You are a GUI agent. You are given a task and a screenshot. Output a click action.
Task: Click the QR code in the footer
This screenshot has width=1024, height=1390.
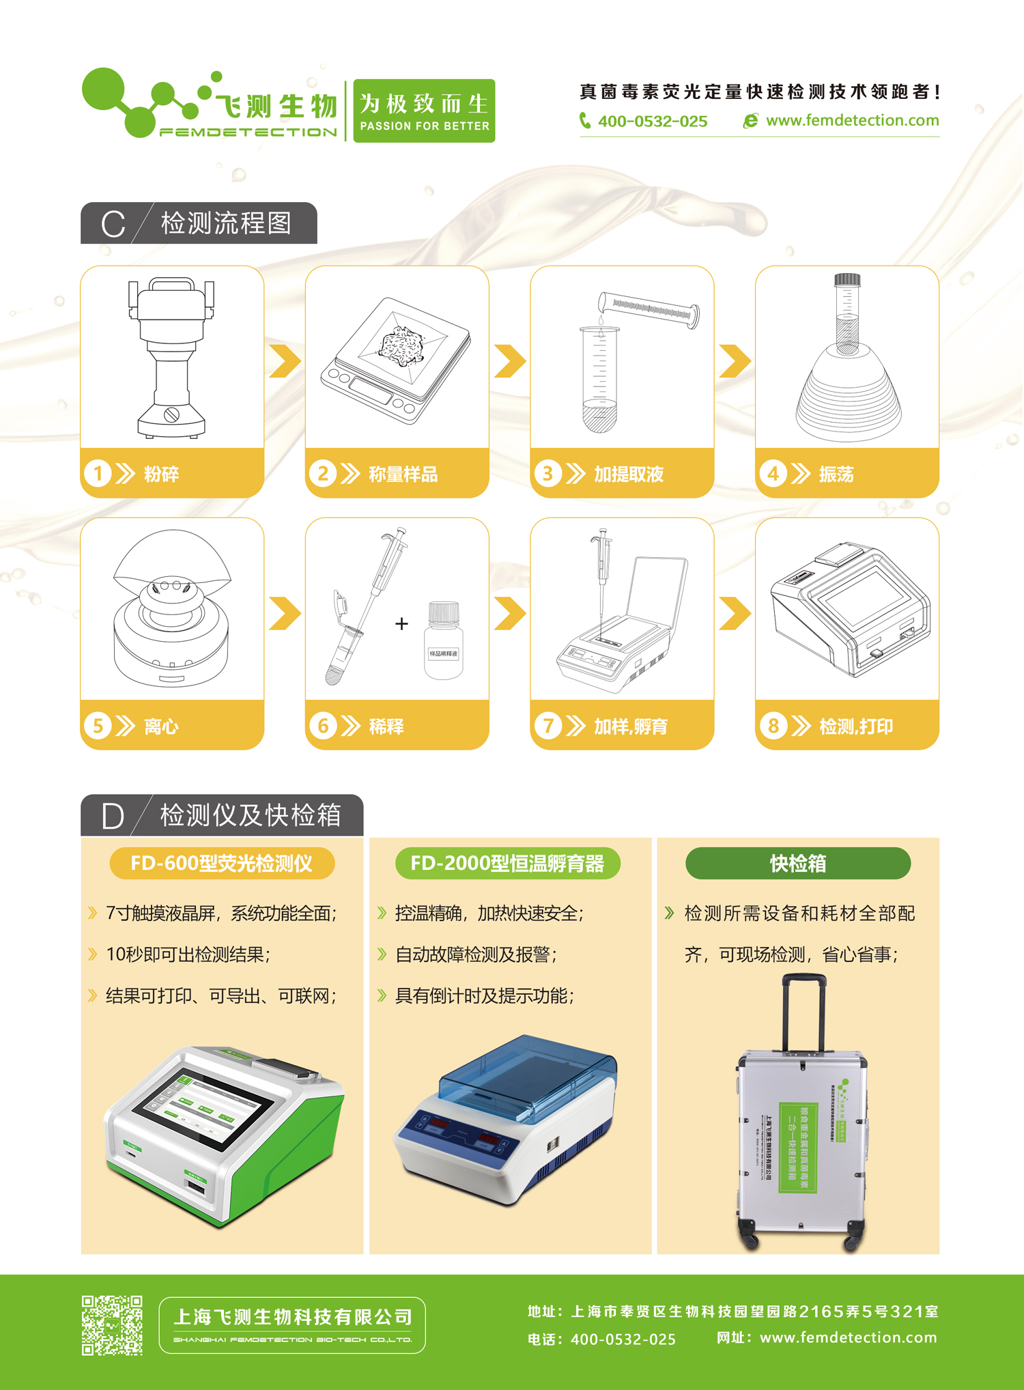click(112, 1325)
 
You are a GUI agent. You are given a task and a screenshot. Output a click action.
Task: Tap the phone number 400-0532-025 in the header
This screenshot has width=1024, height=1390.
click(652, 122)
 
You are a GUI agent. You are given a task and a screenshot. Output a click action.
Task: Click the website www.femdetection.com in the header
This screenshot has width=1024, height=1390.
click(852, 120)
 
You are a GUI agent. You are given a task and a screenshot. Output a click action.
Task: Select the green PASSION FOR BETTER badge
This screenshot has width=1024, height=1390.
click(424, 111)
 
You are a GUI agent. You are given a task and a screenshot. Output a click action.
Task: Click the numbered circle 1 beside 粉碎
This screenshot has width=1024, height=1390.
click(98, 473)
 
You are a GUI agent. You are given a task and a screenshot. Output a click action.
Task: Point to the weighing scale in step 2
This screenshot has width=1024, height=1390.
click(397, 359)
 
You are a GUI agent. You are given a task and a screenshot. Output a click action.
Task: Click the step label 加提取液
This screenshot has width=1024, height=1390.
click(628, 474)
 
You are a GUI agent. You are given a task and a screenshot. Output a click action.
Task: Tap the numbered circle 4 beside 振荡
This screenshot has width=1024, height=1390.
click(773, 473)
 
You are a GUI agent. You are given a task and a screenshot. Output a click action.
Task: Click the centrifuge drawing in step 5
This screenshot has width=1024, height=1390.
click(171, 608)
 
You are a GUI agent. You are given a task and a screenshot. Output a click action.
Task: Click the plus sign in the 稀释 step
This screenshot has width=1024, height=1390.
click(401, 623)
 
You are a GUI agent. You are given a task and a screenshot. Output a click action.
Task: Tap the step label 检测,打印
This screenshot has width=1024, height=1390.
click(855, 726)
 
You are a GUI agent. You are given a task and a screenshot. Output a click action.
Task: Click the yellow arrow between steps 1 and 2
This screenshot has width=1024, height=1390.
click(285, 361)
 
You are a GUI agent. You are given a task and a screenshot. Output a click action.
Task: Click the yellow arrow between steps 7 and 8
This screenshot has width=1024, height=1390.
click(735, 613)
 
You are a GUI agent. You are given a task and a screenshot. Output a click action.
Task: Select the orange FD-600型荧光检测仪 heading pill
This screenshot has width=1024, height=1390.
click(222, 864)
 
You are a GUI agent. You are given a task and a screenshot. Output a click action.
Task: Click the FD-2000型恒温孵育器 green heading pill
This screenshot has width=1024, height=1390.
click(507, 864)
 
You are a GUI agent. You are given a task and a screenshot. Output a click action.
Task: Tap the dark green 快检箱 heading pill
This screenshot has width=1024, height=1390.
click(797, 864)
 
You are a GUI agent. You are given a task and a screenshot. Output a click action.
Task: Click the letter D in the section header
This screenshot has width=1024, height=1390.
click(113, 816)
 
